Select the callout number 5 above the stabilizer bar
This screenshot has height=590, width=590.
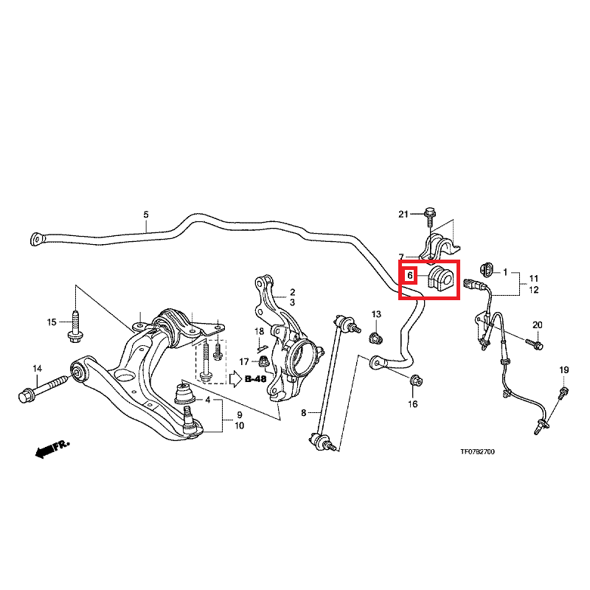146,215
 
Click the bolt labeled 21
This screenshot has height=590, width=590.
429,215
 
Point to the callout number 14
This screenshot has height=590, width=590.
38,368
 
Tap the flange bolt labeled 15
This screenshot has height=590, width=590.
76,327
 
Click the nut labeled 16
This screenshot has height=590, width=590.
415,381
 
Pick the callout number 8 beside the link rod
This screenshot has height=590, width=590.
303,413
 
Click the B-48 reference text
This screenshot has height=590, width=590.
255,379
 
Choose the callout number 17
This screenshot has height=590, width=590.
245,361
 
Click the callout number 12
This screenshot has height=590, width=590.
534,290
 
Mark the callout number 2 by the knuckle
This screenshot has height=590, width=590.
292,292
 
